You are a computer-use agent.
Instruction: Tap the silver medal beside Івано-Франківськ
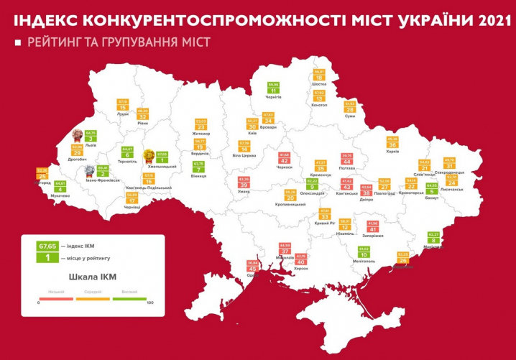pyautogui.click(x=89, y=171)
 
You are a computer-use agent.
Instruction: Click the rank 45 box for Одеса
pyautogui.click(x=252, y=269)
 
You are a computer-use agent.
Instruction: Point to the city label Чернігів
pyautogui.click(x=272, y=97)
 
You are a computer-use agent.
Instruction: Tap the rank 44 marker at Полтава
pyautogui.click(x=347, y=162)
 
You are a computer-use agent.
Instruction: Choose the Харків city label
pyautogui.click(x=392, y=152)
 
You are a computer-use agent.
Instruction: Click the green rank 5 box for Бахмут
pyautogui.click(x=432, y=191)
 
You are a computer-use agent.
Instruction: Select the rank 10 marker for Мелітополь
pyautogui.click(x=364, y=255)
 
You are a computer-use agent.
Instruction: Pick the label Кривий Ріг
pyautogui.click(x=324, y=223)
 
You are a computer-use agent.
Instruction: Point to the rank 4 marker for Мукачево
pyautogui.click(x=60, y=190)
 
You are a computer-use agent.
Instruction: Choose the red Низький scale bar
pyautogui.click(x=56, y=298)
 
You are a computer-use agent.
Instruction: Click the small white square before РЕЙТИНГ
pyautogui.click(x=17, y=43)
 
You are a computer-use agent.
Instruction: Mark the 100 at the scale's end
pyautogui.click(x=150, y=303)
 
